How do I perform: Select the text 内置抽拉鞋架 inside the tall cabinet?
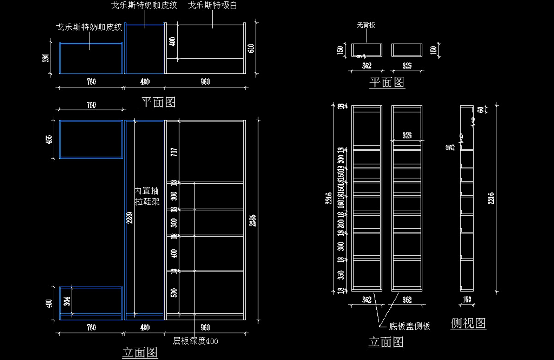click(x=147, y=196)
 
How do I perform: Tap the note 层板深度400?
click(x=195, y=342)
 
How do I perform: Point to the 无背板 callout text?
click(x=366, y=25)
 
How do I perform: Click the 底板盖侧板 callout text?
click(x=409, y=326)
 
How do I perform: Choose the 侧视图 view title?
click(x=468, y=323)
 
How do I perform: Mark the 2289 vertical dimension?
click(x=130, y=218)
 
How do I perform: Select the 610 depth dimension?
click(x=252, y=48)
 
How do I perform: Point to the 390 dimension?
click(x=46, y=58)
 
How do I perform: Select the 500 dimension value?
click(x=174, y=293)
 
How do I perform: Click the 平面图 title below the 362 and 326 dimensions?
click(x=387, y=82)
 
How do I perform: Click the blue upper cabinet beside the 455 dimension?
click(x=91, y=139)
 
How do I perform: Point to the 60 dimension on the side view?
click(x=480, y=110)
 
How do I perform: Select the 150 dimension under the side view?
click(x=467, y=300)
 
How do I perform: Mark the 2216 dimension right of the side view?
click(x=492, y=198)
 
